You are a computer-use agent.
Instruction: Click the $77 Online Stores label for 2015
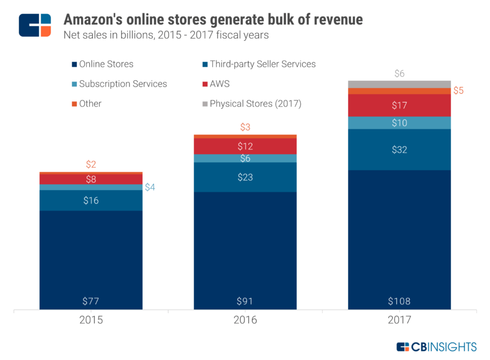[91, 301]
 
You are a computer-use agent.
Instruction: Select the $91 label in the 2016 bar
[245, 301]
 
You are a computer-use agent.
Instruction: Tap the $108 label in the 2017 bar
[399, 301]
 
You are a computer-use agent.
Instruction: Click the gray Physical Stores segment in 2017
[399, 84]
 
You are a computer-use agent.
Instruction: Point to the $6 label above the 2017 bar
[399, 73]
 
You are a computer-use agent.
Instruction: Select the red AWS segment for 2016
[245, 147]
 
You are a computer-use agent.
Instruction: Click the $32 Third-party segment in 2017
[399, 149]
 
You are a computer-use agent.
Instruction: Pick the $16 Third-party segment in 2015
[91, 200]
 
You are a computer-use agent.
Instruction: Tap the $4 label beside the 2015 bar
[150, 187]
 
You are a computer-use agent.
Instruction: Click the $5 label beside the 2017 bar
[459, 91]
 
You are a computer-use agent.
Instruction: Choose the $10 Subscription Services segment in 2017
[399, 123]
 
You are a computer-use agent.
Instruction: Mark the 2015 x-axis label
[91, 320]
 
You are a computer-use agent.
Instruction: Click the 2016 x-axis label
[245, 320]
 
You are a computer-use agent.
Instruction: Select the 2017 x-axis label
[399, 320]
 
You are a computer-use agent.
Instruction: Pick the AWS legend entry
[219, 84]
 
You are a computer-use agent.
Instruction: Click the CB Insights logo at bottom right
[437, 347]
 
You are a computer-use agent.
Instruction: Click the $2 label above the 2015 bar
[91, 164]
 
